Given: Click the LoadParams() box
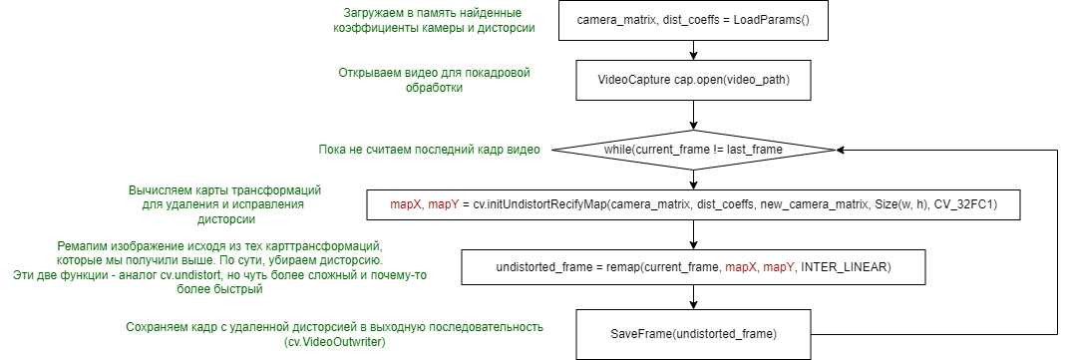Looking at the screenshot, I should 693,20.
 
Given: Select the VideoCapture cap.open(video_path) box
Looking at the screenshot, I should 693,79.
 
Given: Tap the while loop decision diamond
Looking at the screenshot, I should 693,149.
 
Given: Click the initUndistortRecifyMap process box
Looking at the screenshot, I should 693,203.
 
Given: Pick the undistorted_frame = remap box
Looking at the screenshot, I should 693,266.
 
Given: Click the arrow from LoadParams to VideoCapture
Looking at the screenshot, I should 693,49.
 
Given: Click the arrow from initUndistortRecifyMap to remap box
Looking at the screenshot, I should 693,234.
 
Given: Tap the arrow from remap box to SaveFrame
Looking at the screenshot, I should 693,298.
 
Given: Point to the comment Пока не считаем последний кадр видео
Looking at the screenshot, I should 429,150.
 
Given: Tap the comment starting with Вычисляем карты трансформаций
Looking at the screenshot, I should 230,203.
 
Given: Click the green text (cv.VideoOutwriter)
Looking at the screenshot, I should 335,342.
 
